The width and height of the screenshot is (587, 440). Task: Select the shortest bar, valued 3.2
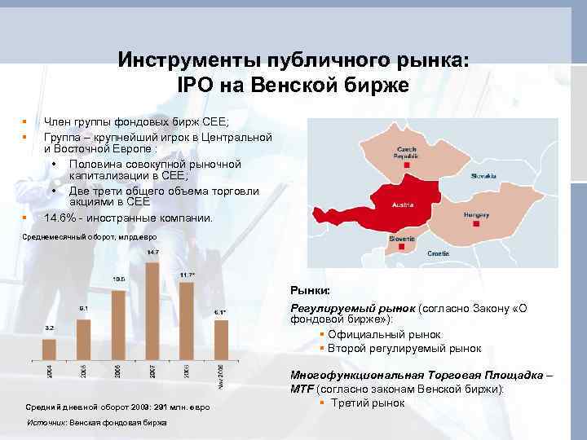pos(49,349)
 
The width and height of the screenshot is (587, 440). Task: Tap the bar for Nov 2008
pos(221,339)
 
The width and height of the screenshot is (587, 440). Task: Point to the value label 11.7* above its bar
pos(186,275)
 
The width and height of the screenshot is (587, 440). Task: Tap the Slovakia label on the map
pos(483,176)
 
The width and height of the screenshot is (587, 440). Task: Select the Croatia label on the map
pos(439,253)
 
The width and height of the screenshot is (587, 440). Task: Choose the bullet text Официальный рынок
pos(384,335)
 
